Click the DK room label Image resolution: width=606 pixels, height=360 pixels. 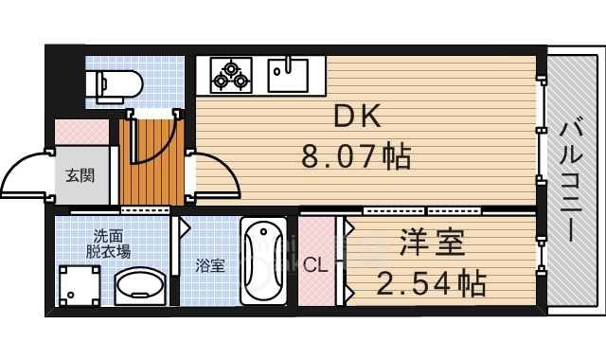pyautogui.click(x=356, y=117)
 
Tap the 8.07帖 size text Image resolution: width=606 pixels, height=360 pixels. pyautogui.click(x=356, y=155)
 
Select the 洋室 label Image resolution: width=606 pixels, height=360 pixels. pyautogui.click(x=433, y=244)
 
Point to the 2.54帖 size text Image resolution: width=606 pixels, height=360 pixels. pyautogui.click(x=432, y=282)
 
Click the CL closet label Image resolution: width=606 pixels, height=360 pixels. pyautogui.click(x=316, y=265)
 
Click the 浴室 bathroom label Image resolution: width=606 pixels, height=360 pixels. pyautogui.click(x=210, y=265)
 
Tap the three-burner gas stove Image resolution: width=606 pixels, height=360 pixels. pyautogui.click(x=230, y=74)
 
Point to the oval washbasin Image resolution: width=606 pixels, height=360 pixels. pyautogui.click(x=140, y=287)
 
